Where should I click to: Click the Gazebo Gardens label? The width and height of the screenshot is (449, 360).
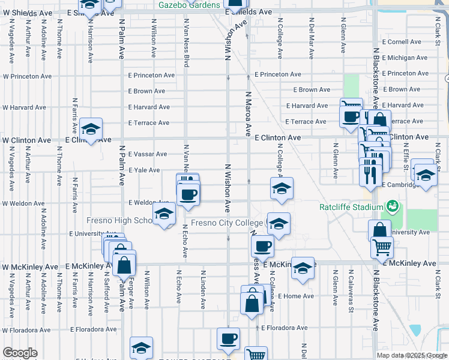tap(189, 5)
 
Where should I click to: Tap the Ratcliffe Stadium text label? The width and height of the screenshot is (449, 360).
tap(351, 208)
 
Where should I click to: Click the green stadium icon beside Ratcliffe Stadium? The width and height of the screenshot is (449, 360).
tap(394, 207)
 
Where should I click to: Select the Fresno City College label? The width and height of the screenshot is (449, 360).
tap(227, 223)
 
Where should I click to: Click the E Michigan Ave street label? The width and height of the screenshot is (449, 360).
tap(404, 58)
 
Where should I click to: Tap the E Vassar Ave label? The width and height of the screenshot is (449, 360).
tap(148, 154)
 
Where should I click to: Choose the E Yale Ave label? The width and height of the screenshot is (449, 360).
tap(144, 170)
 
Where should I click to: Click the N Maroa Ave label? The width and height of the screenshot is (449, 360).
tap(247, 113)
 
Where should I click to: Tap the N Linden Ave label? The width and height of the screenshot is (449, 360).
tap(203, 289)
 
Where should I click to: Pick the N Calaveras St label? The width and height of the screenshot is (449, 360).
tap(351, 286)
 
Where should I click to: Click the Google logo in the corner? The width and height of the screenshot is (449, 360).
tap(20, 353)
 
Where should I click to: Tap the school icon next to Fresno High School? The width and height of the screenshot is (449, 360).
tap(164, 214)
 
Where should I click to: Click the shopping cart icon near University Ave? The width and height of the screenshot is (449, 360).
tap(382, 245)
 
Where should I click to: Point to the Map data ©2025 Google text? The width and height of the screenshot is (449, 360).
tap(412, 355)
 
